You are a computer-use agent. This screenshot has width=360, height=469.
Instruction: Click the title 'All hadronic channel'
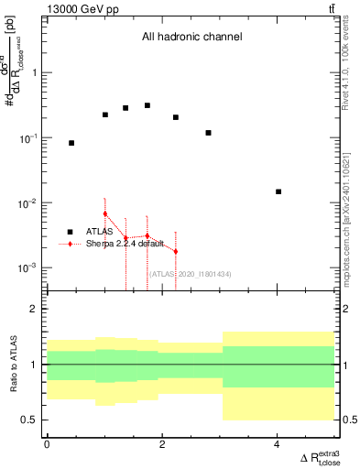(191, 38)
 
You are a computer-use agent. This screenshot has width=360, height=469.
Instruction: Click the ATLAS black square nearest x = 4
(278, 191)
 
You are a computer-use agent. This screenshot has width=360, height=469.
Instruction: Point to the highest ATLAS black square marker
(147, 105)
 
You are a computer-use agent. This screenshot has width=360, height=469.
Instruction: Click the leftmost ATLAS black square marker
(71, 143)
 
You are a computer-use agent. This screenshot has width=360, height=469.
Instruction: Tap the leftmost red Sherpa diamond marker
(105, 213)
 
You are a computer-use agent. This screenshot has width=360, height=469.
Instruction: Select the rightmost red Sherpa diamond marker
(175, 251)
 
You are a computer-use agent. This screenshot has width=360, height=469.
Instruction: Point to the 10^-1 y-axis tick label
(32, 137)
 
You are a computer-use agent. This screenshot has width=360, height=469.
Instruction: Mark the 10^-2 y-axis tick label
(32, 202)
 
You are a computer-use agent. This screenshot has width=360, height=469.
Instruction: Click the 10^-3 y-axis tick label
(32, 267)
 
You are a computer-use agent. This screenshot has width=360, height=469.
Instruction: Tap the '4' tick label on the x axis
(278, 444)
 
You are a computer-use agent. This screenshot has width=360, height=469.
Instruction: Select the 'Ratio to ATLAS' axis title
(13, 364)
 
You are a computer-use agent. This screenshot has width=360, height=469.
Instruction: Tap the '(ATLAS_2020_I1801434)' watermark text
(188, 273)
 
